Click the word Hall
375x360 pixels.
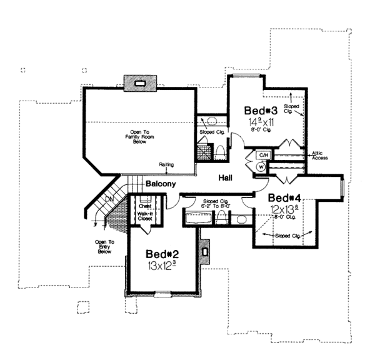(x=226, y=178)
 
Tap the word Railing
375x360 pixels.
(x=166, y=165)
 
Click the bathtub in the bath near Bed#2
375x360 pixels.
(x=198, y=219)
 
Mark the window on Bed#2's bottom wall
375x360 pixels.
(x=163, y=294)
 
